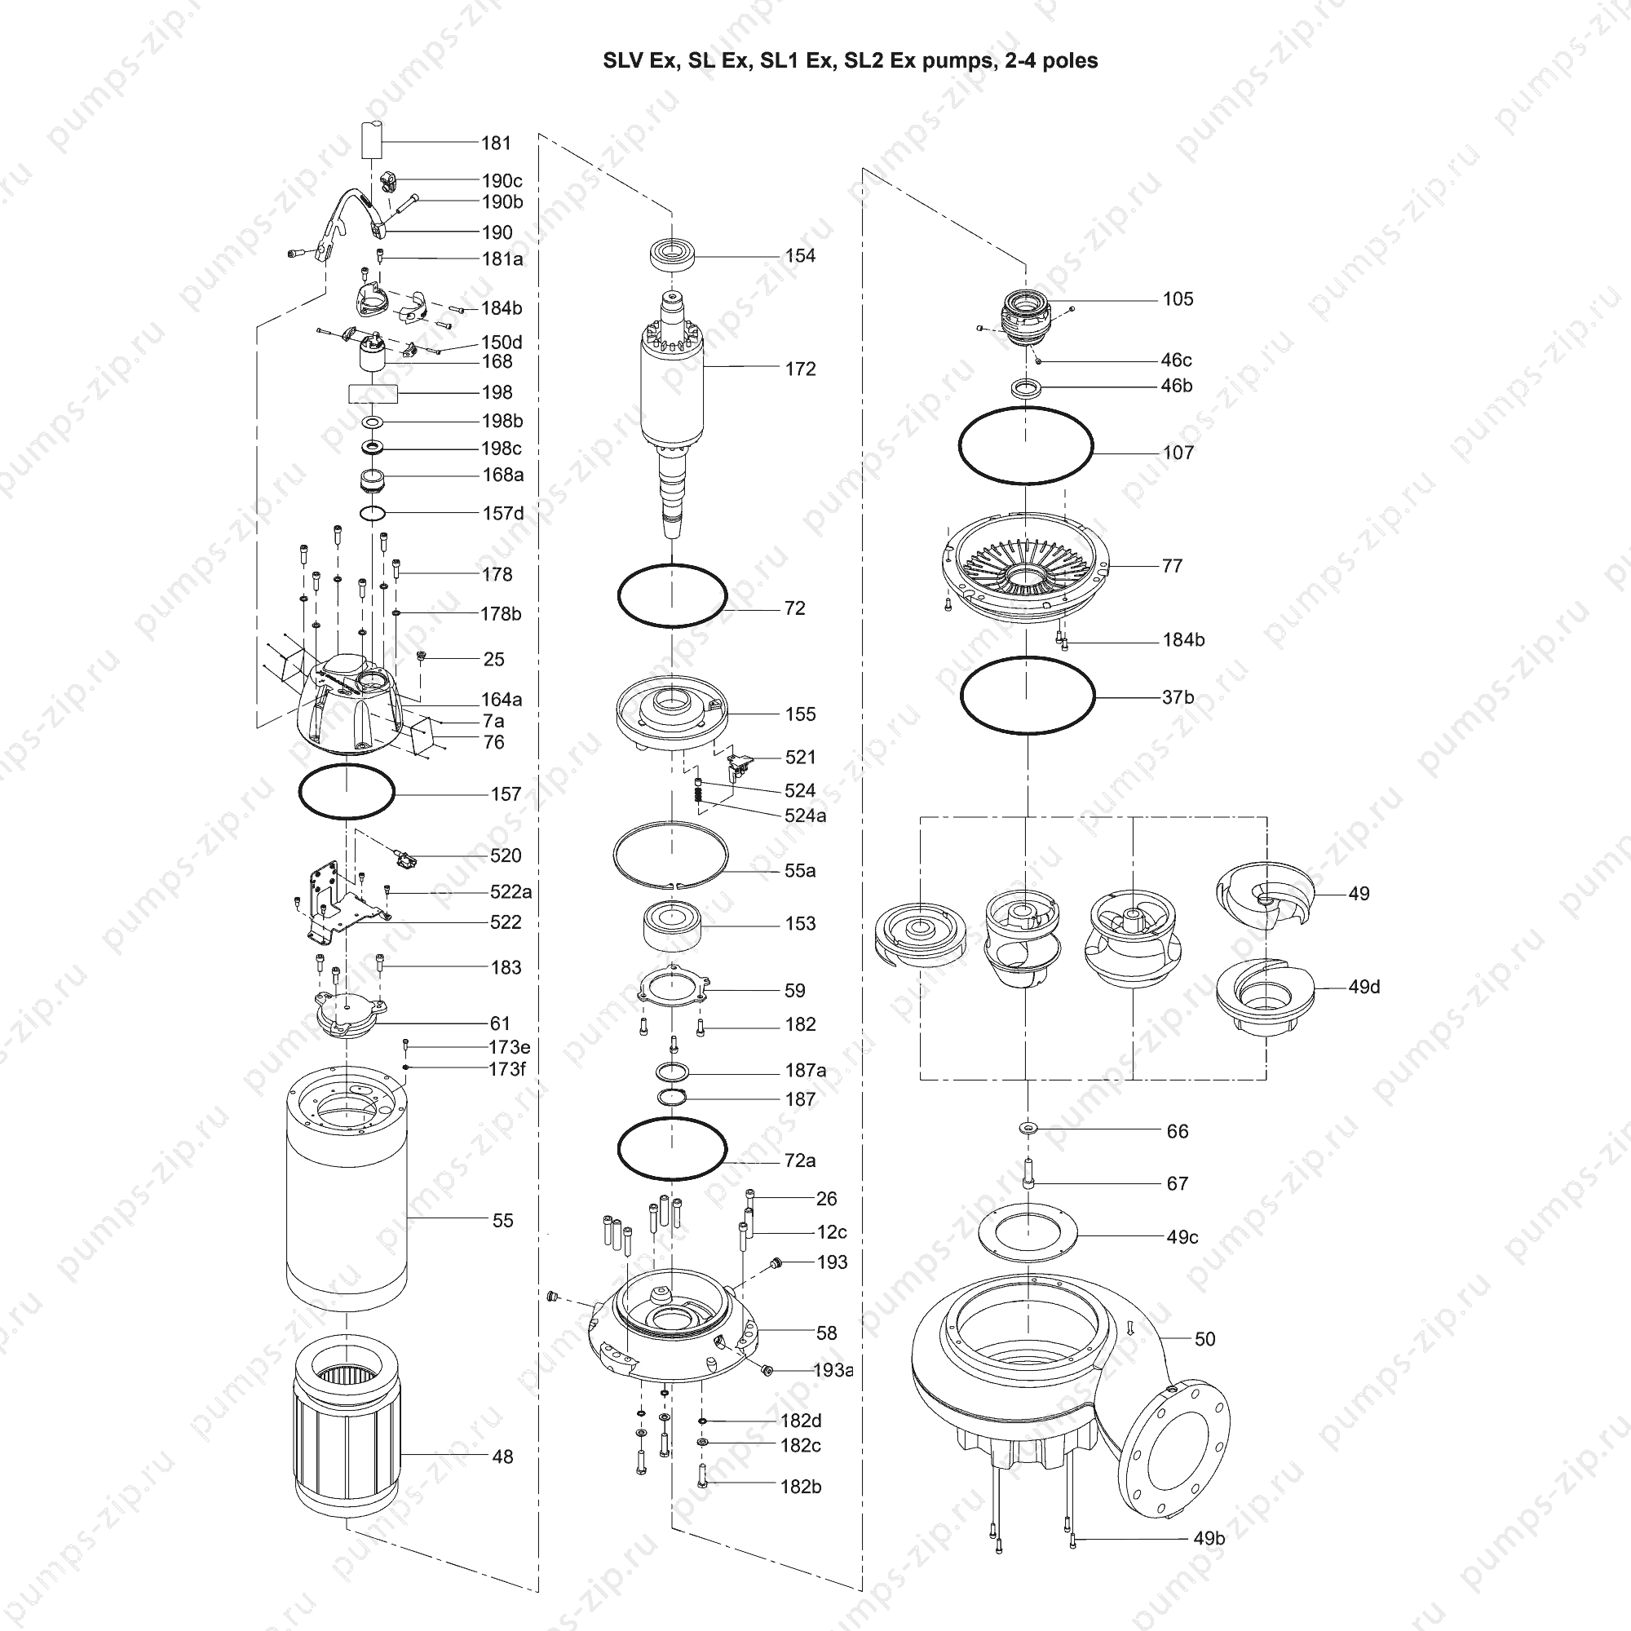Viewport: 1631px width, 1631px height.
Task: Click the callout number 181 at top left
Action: (x=497, y=144)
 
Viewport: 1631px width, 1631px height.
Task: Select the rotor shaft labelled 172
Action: (x=672, y=413)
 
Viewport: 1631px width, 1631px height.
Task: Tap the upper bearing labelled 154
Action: (x=673, y=254)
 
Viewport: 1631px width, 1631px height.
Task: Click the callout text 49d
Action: (x=1364, y=987)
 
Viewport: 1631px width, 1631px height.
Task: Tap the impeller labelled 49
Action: (x=1266, y=893)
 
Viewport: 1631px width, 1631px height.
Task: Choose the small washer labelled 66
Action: (x=1028, y=1128)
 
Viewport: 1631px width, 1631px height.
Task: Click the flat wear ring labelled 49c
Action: (x=1028, y=1257)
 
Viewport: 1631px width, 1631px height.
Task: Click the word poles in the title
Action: (x=1071, y=62)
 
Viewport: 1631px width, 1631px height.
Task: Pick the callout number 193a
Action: (x=833, y=1370)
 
